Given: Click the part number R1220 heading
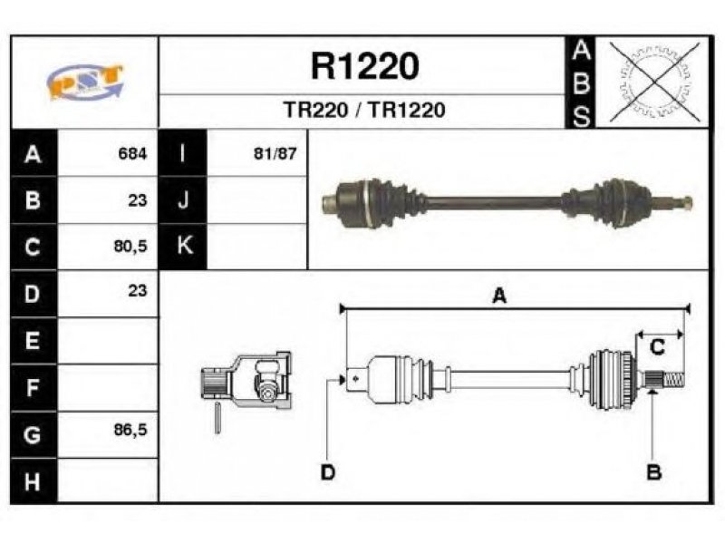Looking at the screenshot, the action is click(x=365, y=66).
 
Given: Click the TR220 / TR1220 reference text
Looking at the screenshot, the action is click(x=364, y=110).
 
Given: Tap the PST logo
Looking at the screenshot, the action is click(x=85, y=82).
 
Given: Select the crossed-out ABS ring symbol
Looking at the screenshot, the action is click(x=654, y=82).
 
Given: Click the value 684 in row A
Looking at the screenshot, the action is click(x=132, y=153).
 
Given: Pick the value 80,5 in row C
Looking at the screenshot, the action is click(x=130, y=246).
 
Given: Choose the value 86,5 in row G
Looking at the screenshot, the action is click(x=130, y=430).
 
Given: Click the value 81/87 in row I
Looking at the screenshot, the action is click(x=275, y=153).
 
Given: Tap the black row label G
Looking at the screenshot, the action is click(x=33, y=435).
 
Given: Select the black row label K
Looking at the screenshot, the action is click(x=184, y=246).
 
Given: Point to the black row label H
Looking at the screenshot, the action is click(x=33, y=481).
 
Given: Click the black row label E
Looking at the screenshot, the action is click(x=33, y=341).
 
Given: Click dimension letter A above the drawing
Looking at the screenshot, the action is click(x=499, y=296).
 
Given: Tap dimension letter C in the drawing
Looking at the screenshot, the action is click(x=657, y=347).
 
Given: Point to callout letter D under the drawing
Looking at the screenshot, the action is click(x=327, y=472).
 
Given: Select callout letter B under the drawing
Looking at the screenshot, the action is click(x=653, y=472).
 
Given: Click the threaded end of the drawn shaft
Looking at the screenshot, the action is click(x=673, y=380).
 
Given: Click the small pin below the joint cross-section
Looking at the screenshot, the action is click(x=217, y=418).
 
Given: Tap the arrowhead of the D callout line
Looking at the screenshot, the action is click(x=342, y=380).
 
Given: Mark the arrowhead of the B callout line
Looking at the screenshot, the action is click(x=652, y=393).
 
